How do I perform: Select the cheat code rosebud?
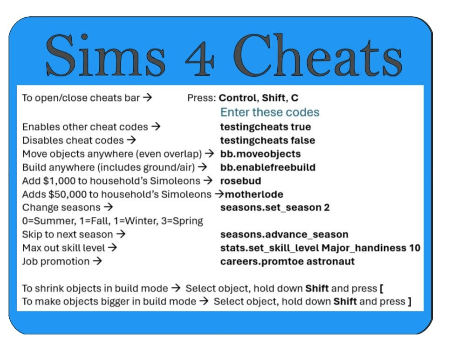point(240,181)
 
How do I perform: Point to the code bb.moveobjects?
point(261,154)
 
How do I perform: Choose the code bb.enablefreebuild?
point(268,167)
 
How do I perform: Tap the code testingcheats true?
point(266,127)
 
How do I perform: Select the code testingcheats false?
point(268,140)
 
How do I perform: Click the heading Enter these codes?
point(270,112)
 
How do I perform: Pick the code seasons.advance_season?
point(284,235)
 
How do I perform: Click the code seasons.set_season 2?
point(275,208)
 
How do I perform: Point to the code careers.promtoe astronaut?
point(287,262)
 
